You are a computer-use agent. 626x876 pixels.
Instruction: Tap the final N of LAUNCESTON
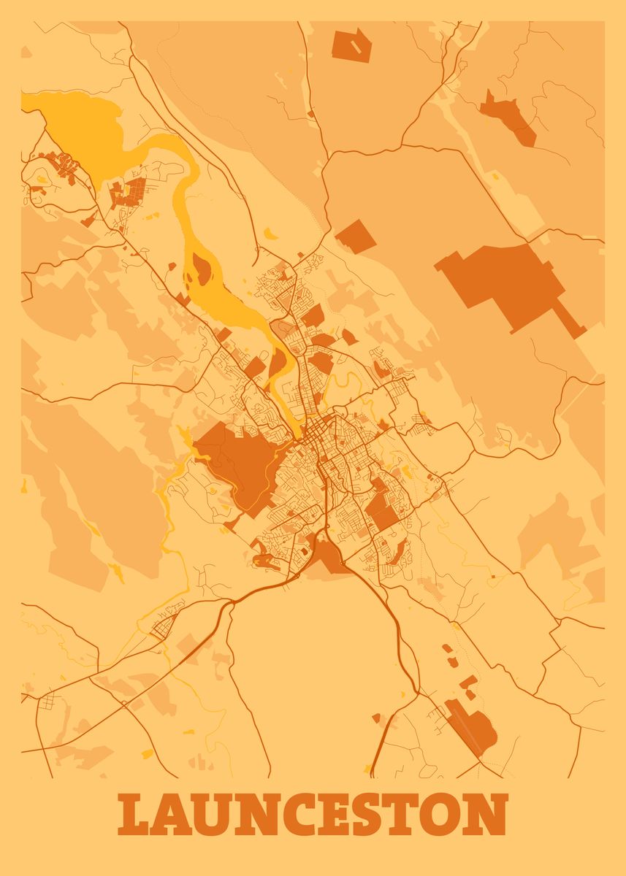tap(488, 815)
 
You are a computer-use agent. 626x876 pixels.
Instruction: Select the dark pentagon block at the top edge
tap(351, 45)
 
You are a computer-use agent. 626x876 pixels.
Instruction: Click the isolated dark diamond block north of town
tap(356, 236)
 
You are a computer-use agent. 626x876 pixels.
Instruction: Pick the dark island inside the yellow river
tap(200, 270)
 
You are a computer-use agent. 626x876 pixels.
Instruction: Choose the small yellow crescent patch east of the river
tap(270, 234)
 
